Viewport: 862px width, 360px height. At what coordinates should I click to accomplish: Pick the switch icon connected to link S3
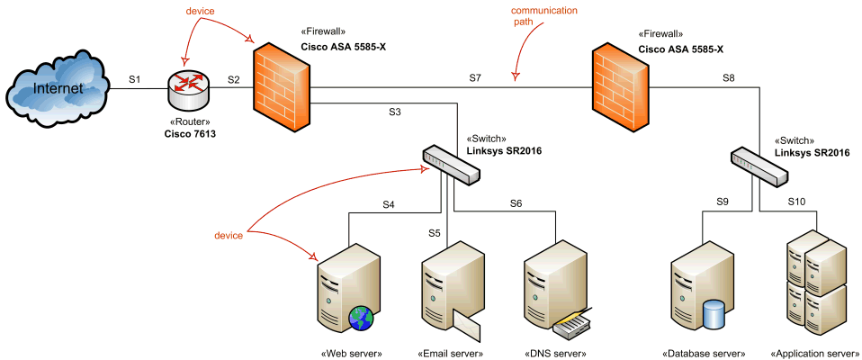(450, 166)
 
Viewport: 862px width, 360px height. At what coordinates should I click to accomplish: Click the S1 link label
(135, 80)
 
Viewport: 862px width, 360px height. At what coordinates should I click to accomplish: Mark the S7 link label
(475, 79)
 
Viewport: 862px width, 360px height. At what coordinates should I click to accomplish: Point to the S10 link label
(797, 202)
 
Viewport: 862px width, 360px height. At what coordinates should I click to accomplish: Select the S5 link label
(434, 233)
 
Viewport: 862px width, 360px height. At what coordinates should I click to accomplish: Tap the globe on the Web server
(362, 318)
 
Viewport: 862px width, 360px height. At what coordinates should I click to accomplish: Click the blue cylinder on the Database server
(714, 314)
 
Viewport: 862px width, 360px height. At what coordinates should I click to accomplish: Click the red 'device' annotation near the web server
(229, 235)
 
